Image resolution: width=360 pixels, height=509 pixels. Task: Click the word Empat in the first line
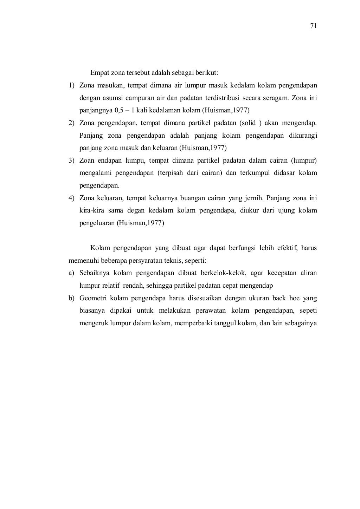pyautogui.click(x=98, y=73)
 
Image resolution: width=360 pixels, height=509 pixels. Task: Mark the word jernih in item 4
pyautogui.click(x=252, y=198)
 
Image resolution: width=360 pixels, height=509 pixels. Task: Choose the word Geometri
pyautogui.click(x=93, y=298)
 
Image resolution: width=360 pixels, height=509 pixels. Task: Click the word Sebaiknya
pyautogui.click(x=95, y=273)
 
